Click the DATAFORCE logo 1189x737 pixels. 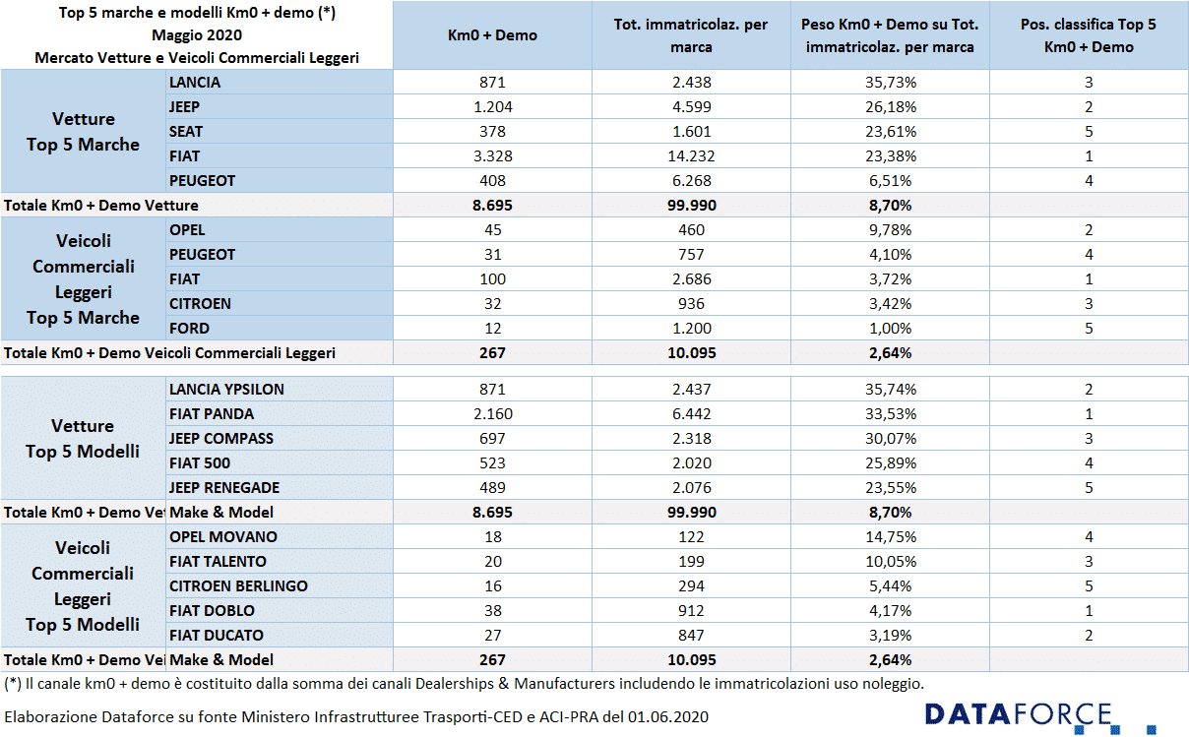(1039, 717)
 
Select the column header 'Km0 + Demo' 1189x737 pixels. (492, 35)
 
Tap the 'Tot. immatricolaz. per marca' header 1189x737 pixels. (691, 35)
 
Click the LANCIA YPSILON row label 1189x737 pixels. (226, 389)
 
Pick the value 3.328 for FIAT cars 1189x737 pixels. (492, 156)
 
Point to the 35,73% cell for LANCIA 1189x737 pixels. (890, 83)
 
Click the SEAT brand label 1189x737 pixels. (186, 131)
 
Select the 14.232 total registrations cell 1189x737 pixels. (691, 156)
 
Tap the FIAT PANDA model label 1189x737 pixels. (212, 414)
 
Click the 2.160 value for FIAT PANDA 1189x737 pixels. (492, 414)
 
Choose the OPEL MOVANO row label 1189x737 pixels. (222, 536)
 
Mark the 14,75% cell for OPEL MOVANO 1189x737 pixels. (890, 536)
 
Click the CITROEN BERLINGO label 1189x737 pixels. (238, 585)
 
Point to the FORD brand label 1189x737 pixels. (189, 328)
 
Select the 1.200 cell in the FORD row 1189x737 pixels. (691, 328)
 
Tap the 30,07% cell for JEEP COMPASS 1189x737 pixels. (890, 438)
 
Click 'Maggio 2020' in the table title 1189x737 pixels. (197, 35)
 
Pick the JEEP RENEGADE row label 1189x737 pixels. (224, 487)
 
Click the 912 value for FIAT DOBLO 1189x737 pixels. (691, 610)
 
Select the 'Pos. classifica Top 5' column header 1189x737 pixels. (1089, 24)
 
